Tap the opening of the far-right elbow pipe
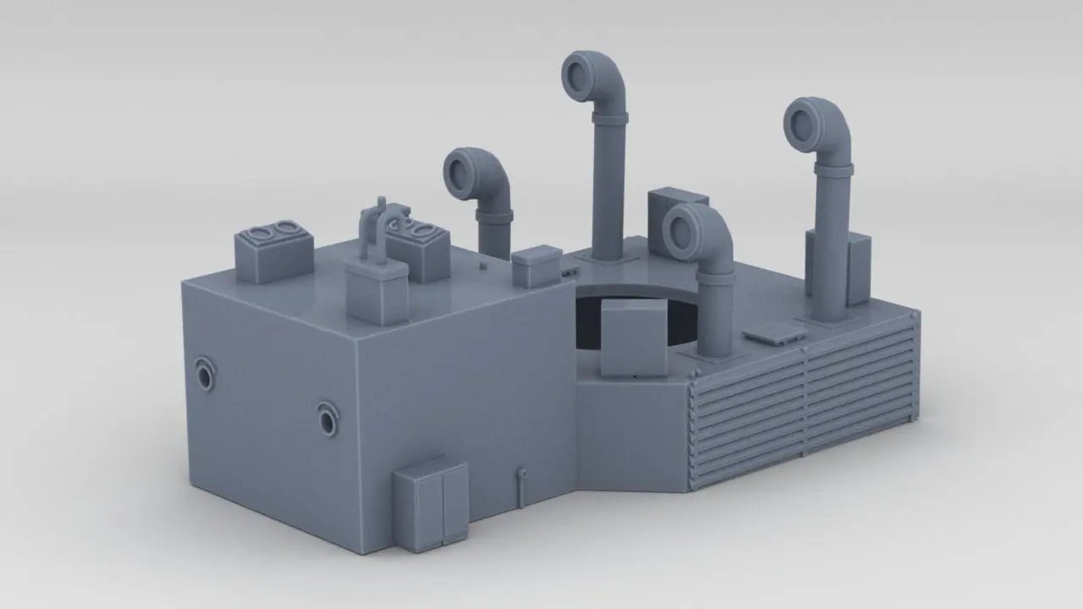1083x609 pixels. click(x=804, y=119)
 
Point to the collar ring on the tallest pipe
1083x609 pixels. click(x=610, y=118)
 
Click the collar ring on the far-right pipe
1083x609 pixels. click(x=833, y=170)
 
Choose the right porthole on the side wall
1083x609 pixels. click(x=328, y=418)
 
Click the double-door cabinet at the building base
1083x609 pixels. click(x=430, y=504)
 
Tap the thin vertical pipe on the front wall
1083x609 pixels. click(x=522, y=487)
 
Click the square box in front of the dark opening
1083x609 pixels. click(x=633, y=338)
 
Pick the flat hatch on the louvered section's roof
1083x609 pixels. click(x=772, y=334)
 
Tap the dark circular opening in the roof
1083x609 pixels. click(x=592, y=317)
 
